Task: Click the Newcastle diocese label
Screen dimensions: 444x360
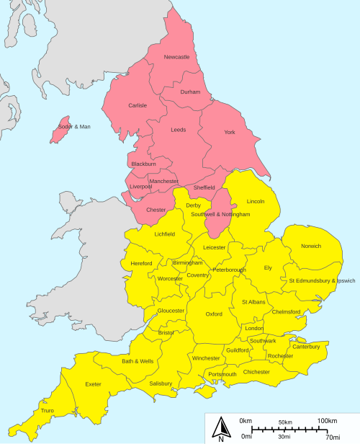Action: pos(176,57)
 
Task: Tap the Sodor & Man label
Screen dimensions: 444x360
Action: pos(75,127)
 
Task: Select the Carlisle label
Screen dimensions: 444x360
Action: pos(138,106)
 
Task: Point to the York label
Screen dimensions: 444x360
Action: pos(230,133)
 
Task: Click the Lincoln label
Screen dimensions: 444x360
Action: pos(256,201)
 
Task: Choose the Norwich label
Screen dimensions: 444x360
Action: pos(311,247)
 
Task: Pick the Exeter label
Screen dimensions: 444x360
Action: pos(94,384)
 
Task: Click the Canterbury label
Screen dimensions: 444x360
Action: pos(306,347)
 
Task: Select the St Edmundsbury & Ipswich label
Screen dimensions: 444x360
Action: pos(322,280)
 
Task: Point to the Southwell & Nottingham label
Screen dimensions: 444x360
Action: pos(221,215)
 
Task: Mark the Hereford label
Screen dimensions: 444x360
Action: pos(142,264)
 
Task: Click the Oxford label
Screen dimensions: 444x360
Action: pos(214,314)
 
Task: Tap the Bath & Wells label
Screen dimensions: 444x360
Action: pos(138,361)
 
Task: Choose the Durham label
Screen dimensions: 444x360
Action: pos(190,92)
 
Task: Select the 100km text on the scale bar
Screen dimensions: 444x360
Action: pos(328,421)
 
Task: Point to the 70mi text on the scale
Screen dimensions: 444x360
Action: pos(333,437)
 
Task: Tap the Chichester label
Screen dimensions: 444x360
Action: pos(256,372)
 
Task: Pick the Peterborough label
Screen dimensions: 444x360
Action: pos(229,270)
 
